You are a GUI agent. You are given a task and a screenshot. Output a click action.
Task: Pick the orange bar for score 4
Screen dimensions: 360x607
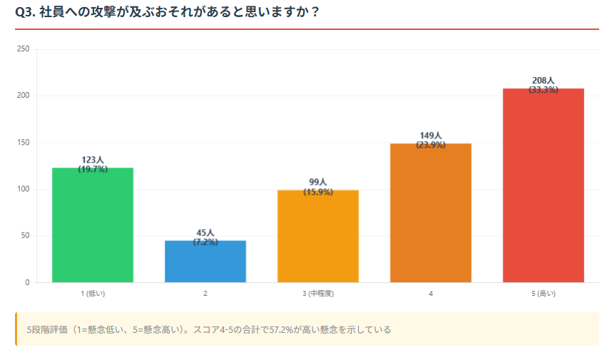tap(431, 213)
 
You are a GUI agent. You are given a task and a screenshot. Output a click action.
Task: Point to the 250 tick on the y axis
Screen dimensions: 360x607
tap(23, 49)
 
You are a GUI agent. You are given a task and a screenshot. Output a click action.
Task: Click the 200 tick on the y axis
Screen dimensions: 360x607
tap(23, 96)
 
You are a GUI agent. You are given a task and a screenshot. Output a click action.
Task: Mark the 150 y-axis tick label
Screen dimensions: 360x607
tap(23, 143)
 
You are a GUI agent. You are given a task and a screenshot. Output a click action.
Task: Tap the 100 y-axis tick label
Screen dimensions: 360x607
tap(23, 189)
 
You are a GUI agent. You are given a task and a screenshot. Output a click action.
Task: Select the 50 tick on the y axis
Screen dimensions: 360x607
tap(25, 236)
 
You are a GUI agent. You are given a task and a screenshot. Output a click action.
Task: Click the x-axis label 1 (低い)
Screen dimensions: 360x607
tap(93, 293)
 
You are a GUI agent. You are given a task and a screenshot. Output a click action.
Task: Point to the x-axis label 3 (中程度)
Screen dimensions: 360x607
tap(318, 293)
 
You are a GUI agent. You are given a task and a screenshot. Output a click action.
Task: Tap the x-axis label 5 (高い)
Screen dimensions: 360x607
tap(544, 293)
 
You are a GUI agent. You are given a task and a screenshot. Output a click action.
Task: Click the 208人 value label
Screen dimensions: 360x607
tap(544, 81)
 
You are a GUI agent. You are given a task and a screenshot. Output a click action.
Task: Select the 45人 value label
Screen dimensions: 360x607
tap(205, 233)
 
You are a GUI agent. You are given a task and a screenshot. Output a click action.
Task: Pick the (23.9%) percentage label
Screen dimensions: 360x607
tap(431, 145)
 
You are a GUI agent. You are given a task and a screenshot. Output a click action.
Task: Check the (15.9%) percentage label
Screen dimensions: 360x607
tap(318, 192)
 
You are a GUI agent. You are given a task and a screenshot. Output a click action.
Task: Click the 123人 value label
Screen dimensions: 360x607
tap(93, 160)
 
